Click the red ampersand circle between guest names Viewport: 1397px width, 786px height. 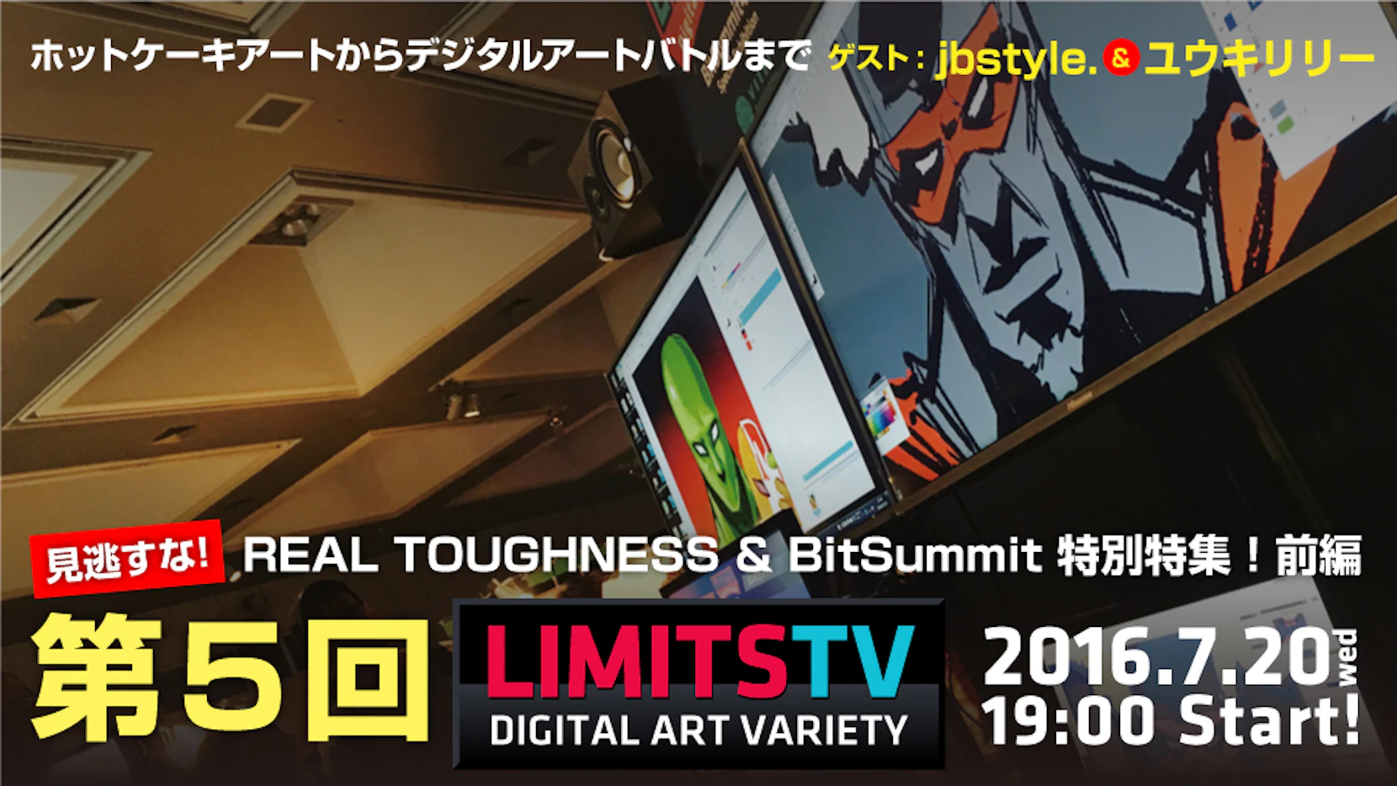(x=1121, y=58)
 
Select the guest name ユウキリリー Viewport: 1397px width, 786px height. (x=1259, y=59)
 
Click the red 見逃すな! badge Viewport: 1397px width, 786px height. (x=127, y=558)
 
